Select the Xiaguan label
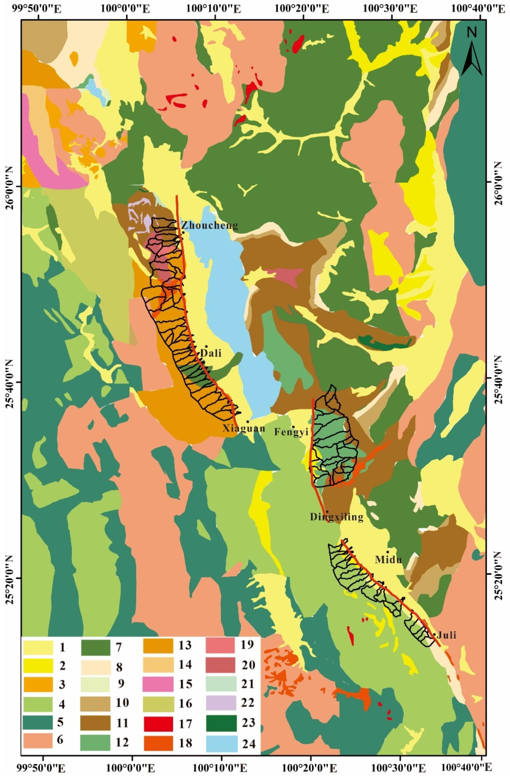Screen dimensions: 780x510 click(x=244, y=429)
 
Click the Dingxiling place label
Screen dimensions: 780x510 click(x=337, y=517)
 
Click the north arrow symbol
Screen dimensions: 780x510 click(x=472, y=52)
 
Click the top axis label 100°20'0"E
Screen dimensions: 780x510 click(x=302, y=8)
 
